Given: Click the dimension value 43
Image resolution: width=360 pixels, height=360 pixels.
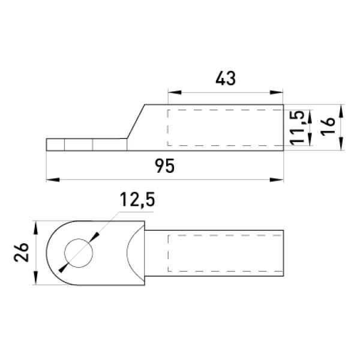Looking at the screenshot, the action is point(226,79).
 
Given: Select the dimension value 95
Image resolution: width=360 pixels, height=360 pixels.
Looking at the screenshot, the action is point(164,166).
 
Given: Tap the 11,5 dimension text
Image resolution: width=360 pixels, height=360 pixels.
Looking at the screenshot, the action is point(298,128).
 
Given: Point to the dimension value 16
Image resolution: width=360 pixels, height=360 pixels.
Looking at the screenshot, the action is point(328,127).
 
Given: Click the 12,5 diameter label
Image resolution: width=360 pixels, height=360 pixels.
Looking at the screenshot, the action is point(137,200).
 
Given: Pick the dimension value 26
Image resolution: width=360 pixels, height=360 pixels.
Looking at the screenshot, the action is point(21,253).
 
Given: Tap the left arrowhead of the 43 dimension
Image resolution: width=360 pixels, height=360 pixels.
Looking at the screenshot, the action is point(175,92).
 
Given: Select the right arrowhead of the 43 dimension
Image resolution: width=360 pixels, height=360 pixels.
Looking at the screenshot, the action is point(276,92).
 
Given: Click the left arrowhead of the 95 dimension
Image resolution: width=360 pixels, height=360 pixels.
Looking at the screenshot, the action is point(53,179).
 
